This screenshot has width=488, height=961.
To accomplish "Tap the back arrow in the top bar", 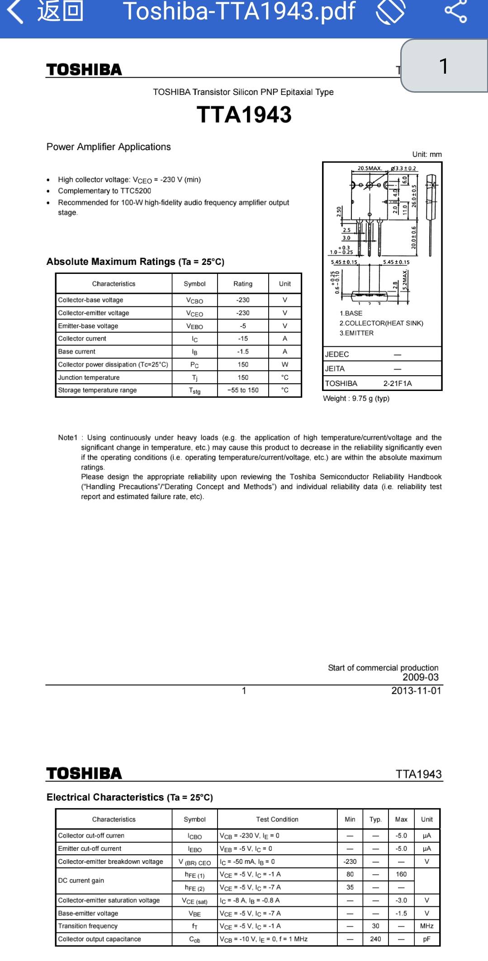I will [x=15, y=12].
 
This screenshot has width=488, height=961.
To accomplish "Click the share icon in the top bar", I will [x=455, y=12].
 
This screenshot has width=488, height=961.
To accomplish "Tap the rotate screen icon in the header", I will [x=391, y=12].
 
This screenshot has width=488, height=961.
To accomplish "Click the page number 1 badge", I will [x=444, y=66].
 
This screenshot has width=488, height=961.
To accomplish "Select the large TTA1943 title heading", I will [x=244, y=115].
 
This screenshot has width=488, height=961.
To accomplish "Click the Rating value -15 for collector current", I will [x=243, y=339].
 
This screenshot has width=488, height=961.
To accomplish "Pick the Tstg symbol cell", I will [x=194, y=391].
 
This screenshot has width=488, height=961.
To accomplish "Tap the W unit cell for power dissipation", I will [x=285, y=364].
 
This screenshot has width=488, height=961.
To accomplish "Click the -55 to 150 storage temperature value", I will [x=243, y=390].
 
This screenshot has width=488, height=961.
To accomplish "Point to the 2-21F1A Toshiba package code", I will [x=398, y=383].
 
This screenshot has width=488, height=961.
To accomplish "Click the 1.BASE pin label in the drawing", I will [x=351, y=313].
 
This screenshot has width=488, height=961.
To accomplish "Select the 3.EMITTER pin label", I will [x=356, y=333].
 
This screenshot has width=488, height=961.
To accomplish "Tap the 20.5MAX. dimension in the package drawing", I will [x=370, y=168].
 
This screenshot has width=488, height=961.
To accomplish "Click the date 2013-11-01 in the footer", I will [x=416, y=691].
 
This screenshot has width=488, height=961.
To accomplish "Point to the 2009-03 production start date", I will [x=421, y=677].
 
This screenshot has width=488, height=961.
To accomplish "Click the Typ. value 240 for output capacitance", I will [x=375, y=939].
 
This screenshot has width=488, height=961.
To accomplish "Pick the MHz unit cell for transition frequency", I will [x=426, y=926].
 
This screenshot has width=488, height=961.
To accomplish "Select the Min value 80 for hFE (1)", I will [x=350, y=874].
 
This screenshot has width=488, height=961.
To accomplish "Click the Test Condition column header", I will [x=277, y=819].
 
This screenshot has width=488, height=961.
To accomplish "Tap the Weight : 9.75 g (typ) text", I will [x=356, y=398].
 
